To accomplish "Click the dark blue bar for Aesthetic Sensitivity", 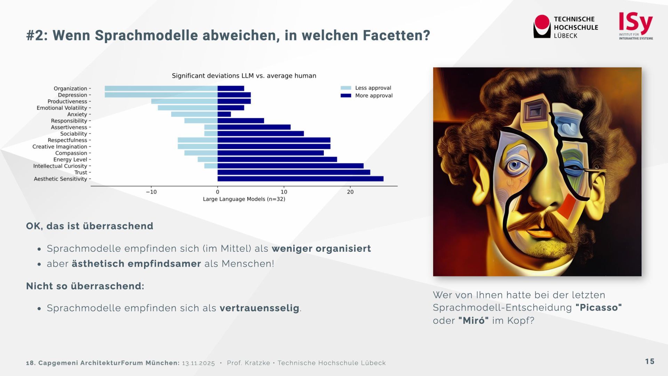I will [x=300, y=179].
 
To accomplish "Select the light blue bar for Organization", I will [x=161, y=88].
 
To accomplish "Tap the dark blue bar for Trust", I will [x=294, y=172].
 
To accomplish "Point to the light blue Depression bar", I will [x=161, y=95].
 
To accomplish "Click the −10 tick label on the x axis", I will [x=151, y=192].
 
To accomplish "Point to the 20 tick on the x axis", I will [x=350, y=192].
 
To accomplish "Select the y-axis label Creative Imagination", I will [x=60, y=147].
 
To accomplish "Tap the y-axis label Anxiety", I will [x=77, y=115].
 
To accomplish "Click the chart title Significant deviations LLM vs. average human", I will [x=244, y=76].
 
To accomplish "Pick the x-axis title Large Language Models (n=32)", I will [x=244, y=199].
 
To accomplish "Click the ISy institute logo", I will [x=636, y=26].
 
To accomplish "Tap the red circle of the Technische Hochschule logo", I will [x=542, y=22].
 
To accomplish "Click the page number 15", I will [x=650, y=361].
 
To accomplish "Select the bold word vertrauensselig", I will [x=259, y=308].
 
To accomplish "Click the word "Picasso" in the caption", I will [x=598, y=308].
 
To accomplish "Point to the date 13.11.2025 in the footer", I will [x=198, y=363].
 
